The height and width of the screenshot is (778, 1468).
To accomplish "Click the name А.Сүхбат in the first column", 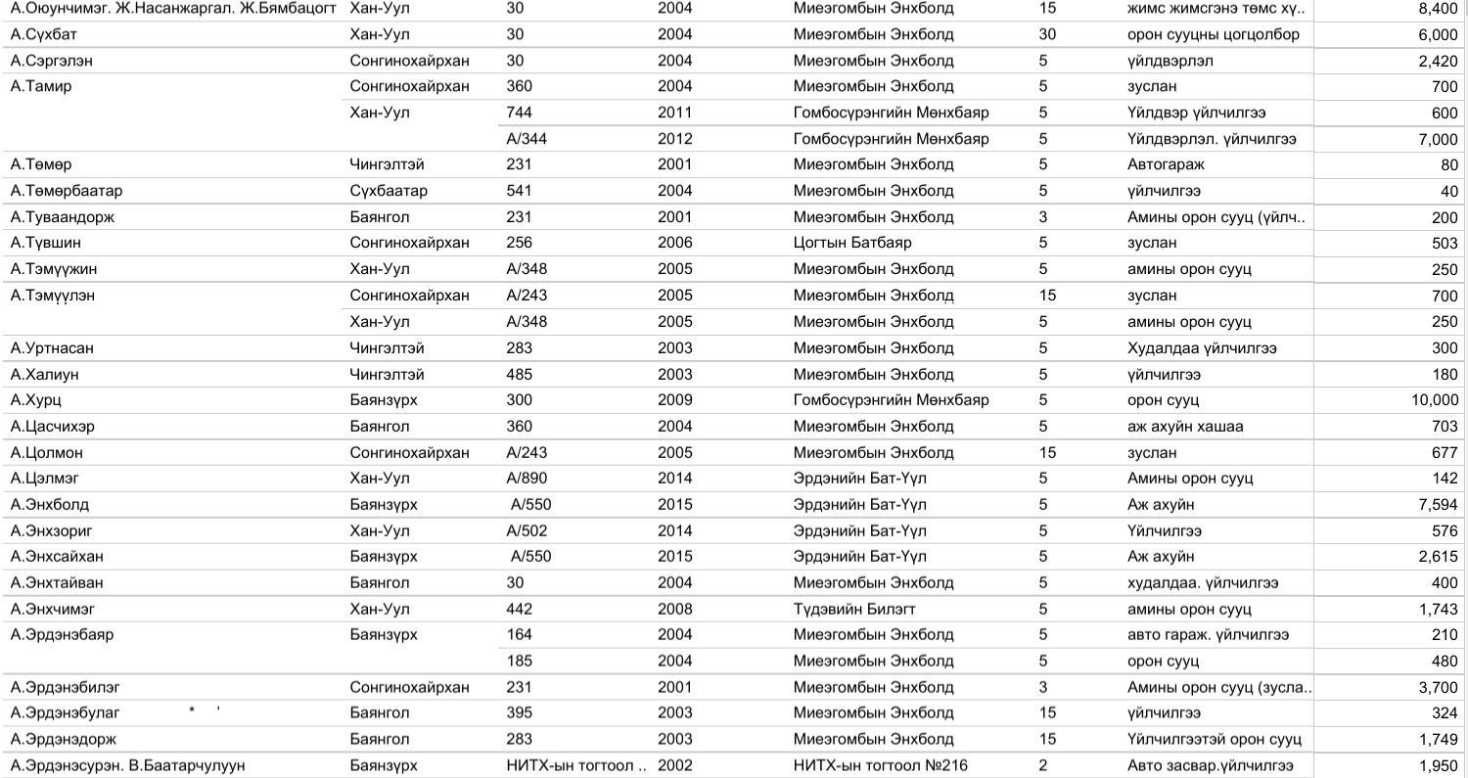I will click(x=38, y=34).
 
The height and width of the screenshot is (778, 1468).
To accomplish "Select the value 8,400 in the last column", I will click(x=1437, y=9).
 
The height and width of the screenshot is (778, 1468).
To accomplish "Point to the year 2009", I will click(x=674, y=400).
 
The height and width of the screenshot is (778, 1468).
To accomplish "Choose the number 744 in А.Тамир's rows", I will click(x=519, y=113).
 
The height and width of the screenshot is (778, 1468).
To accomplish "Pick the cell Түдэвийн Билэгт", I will click(x=854, y=609).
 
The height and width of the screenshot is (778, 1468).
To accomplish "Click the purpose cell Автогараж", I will click(x=1165, y=164).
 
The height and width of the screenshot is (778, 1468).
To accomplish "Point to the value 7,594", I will click(x=1437, y=505).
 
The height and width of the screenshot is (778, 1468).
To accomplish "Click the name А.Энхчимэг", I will click(x=52, y=609).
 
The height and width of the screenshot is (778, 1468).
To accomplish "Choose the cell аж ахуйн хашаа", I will click(x=1185, y=427).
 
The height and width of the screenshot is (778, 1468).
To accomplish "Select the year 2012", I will click(x=674, y=139).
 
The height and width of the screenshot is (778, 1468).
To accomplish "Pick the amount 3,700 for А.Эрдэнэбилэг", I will click(x=1437, y=687).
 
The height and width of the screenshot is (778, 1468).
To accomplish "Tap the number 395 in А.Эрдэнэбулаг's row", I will click(x=519, y=712).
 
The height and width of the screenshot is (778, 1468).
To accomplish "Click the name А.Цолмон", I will click(x=46, y=453).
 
